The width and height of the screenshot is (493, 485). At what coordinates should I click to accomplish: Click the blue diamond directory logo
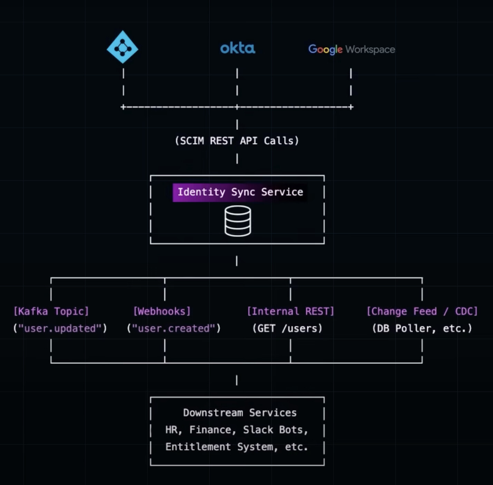click(x=122, y=47)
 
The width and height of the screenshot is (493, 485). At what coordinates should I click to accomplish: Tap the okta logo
click(x=238, y=48)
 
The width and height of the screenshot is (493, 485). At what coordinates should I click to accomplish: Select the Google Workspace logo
click(x=351, y=49)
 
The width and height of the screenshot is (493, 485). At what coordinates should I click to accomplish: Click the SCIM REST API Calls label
click(x=237, y=141)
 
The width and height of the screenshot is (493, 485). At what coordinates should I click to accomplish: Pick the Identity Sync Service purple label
click(x=240, y=192)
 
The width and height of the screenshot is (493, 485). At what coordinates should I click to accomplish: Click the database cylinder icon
click(x=238, y=221)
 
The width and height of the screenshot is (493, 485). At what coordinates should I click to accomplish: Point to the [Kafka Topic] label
click(x=51, y=311)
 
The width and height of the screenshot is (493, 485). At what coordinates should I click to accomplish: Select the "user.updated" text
click(x=60, y=328)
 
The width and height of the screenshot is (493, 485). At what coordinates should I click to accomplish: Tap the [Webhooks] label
click(x=162, y=311)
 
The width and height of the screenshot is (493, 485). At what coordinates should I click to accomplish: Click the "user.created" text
click(x=174, y=328)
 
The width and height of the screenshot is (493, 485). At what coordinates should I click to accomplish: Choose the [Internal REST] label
click(x=291, y=311)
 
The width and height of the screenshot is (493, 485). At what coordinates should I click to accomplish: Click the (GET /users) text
click(x=287, y=328)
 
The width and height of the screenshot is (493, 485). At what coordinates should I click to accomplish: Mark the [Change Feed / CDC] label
click(x=422, y=311)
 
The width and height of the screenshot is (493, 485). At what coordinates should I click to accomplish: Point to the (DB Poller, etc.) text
click(x=422, y=328)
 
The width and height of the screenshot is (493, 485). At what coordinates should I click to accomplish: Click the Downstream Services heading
click(x=240, y=413)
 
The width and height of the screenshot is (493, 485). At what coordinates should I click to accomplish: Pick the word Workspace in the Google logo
click(x=370, y=50)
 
